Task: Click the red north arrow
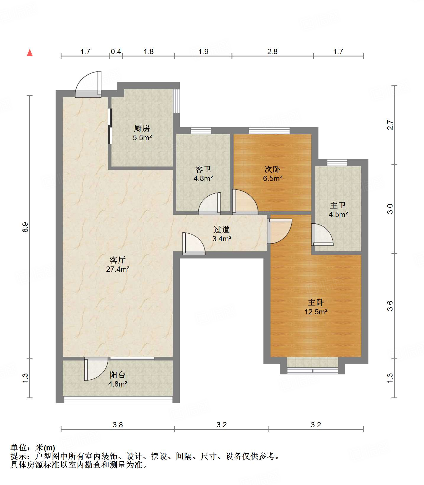pyautogui.click(x=30, y=53)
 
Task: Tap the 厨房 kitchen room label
pyautogui.click(x=142, y=128)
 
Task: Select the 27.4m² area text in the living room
pyautogui.click(x=118, y=269)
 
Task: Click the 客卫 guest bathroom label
pyautogui.click(x=203, y=169)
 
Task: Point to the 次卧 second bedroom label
pyautogui.click(x=272, y=169)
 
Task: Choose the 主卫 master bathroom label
pyautogui.click(x=338, y=205)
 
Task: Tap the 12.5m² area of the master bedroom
pyautogui.click(x=316, y=312)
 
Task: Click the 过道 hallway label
pyautogui.click(x=221, y=229)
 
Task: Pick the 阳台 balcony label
pyautogui.click(x=118, y=375)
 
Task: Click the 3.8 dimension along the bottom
pyautogui.click(x=118, y=425)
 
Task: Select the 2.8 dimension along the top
pyautogui.click(x=272, y=52)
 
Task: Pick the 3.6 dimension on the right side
pyautogui.click(x=390, y=305)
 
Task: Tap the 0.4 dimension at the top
pyautogui.click(x=116, y=52)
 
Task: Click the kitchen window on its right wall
pyautogui.click(x=177, y=101)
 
